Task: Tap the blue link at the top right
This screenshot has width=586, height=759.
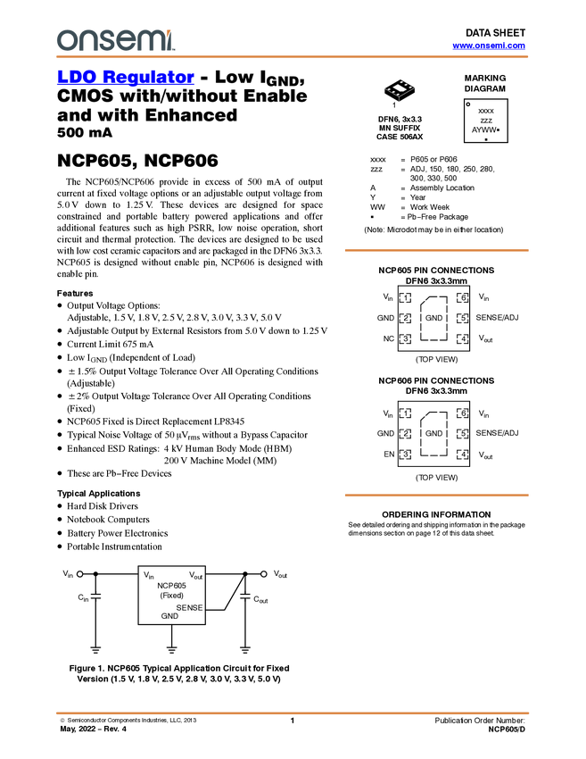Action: pyautogui.click(x=489, y=46)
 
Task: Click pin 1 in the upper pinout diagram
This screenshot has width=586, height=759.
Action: pyautogui.click(x=405, y=297)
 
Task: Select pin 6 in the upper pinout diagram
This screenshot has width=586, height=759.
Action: pyautogui.click(x=462, y=297)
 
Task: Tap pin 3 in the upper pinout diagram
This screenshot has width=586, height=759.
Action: pyautogui.click(x=405, y=339)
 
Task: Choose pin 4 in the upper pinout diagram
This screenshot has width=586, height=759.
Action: pyautogui.click(x=462, y=339)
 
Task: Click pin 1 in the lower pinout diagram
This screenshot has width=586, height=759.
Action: pyautogui.click(x=405, y=413)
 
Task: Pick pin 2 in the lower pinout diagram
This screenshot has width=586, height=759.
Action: pyautogui.click(x=405, y=434)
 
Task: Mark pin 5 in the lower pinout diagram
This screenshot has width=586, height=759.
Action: pyautogui.click(x=462, y=434)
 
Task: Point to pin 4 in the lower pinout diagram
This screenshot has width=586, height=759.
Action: pyautogui.click(x=462, y=455)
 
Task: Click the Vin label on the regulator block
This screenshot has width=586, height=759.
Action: pyautogui.click(x=149, y=576)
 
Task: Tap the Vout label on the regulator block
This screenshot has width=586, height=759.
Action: pyautogui.click(x=195, y=576)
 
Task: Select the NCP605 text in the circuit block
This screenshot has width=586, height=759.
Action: pyautogui.click(x=171, y=586)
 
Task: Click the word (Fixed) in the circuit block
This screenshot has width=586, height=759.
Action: pyautogui.click(x=171, y=596)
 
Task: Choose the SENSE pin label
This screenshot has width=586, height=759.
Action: pyautogui.click(x=189, y=607)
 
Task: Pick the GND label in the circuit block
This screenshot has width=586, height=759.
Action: pyautogui.click(x=169, y=616)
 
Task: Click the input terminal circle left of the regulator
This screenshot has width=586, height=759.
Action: pyautogui.click(x=79, y=573)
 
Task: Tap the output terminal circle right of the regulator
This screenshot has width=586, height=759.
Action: pyautogui.click(x=264, y=573)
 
